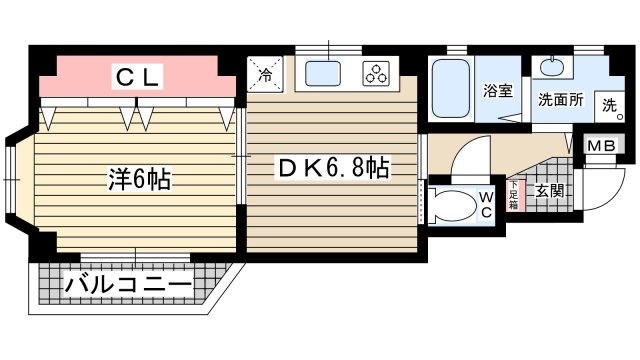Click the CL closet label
137,76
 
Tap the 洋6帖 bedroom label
139,179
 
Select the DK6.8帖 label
333,167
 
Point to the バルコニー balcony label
128,285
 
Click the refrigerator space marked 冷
265,74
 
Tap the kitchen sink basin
323,73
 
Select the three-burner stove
376,74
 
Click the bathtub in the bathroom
451,89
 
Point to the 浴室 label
498,91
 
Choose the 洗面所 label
560,100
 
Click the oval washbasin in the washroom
552,67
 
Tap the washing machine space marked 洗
610,106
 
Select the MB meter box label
601,146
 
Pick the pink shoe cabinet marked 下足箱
513,195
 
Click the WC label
487,205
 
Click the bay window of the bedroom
11,179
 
